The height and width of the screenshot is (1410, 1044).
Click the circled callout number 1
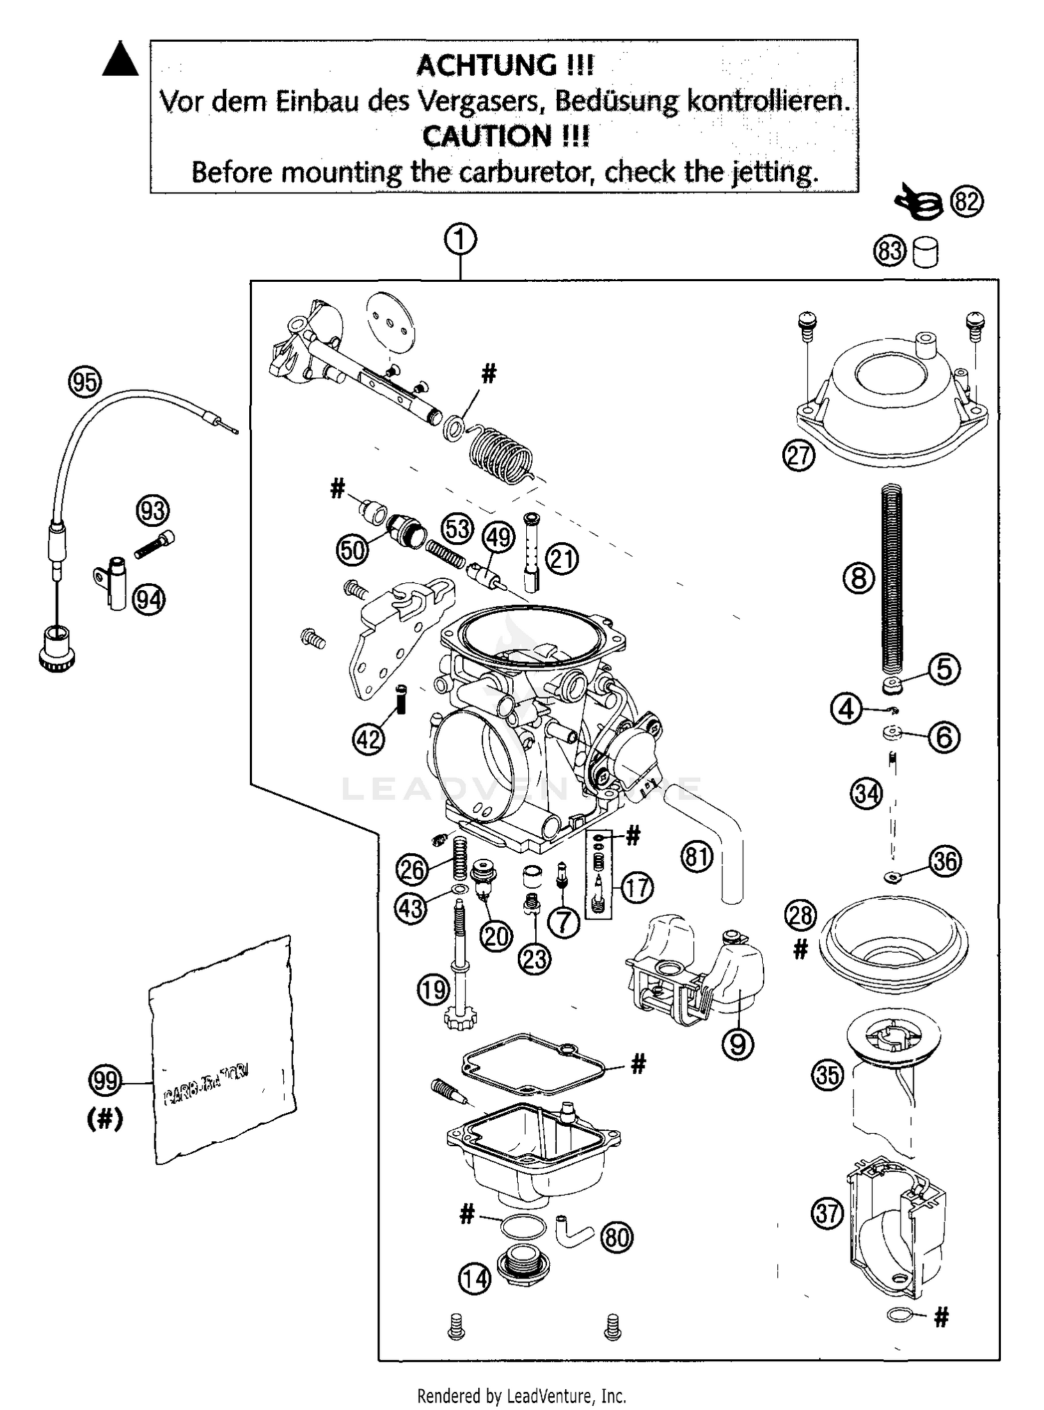[460, 240]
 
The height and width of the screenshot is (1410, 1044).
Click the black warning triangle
[120, 59]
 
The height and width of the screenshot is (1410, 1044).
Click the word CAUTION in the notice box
[491, 136]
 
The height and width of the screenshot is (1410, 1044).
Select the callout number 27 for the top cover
[798, 455]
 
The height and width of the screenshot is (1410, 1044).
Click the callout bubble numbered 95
[85, 382]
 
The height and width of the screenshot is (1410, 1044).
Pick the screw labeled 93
[155, 544]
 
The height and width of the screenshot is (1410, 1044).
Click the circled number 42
[368, 738]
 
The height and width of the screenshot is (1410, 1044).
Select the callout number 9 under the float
[738, 1044]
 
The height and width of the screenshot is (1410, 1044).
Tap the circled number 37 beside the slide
[828, 1214]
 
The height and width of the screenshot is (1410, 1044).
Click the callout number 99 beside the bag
[105, 1081]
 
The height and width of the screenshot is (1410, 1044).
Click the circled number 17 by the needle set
[636, 887]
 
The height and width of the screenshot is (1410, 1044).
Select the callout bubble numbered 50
[353, 550]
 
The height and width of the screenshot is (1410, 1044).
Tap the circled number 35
[828, 1075]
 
